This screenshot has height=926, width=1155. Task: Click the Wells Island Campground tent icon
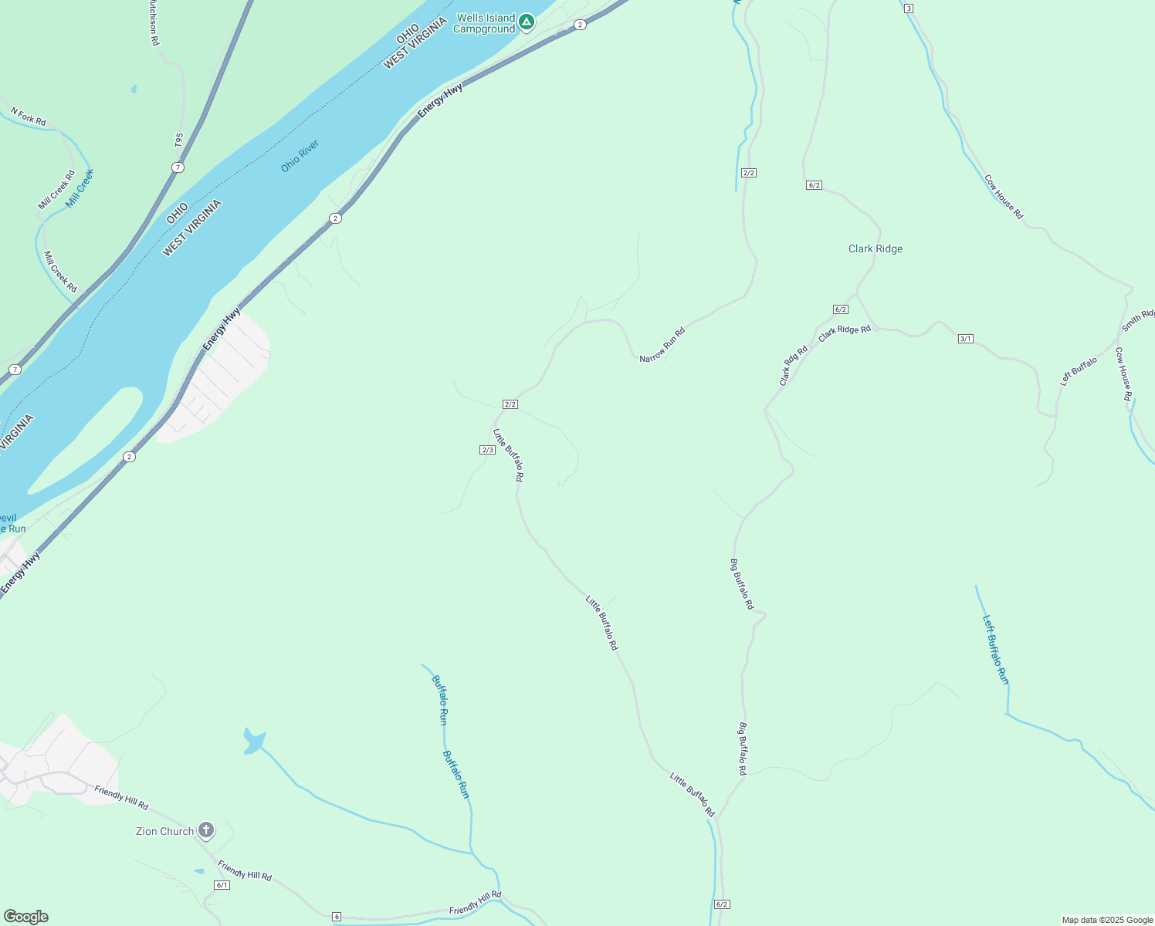527,22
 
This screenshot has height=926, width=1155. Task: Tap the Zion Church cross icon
206,830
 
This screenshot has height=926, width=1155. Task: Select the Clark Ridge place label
876,248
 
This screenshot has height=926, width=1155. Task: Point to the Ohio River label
300,156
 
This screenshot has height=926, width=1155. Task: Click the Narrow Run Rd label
662,345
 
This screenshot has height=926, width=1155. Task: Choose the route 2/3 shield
487,450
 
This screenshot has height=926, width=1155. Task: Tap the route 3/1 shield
965,339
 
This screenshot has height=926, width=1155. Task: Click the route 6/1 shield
222,885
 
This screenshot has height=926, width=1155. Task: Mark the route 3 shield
909,8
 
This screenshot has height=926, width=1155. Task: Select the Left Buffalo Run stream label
995,649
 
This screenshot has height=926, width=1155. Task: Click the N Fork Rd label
29,117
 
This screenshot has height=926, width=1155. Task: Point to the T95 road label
179,140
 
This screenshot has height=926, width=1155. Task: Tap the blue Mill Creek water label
80,188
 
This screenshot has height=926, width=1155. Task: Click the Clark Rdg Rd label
793,366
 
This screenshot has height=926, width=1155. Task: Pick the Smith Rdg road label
1138,320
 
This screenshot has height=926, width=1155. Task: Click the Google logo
25,917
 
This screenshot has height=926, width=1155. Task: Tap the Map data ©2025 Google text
1107,920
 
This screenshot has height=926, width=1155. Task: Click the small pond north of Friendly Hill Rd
254,741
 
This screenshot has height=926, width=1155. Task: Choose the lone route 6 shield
337,916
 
